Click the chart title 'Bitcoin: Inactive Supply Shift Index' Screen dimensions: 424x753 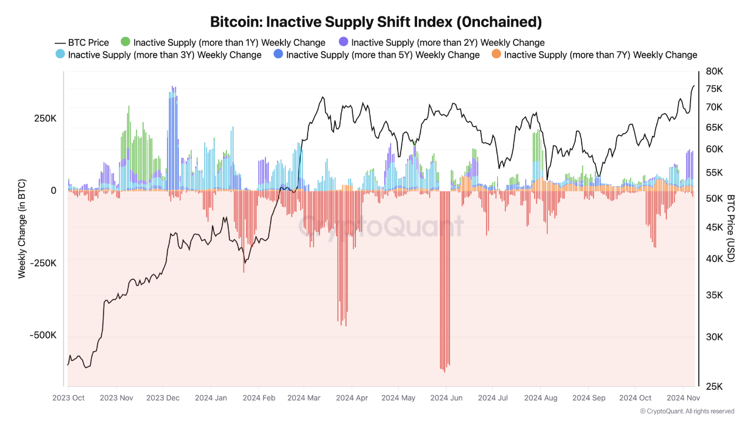(376, 22)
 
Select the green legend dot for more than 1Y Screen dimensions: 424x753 (125, 42)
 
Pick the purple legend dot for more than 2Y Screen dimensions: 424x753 (344, 42)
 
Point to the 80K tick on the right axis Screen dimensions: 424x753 (714, 71)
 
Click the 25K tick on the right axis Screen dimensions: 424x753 (714, 386)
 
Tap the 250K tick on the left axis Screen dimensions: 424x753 (45, 118)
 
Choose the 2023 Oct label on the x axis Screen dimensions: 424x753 (68, 398)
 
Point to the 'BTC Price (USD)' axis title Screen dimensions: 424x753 (731, 228)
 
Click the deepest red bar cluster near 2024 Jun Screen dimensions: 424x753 (445, 283)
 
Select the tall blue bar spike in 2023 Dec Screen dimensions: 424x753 (172, 135)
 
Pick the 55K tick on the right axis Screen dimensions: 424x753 (714, 173)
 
